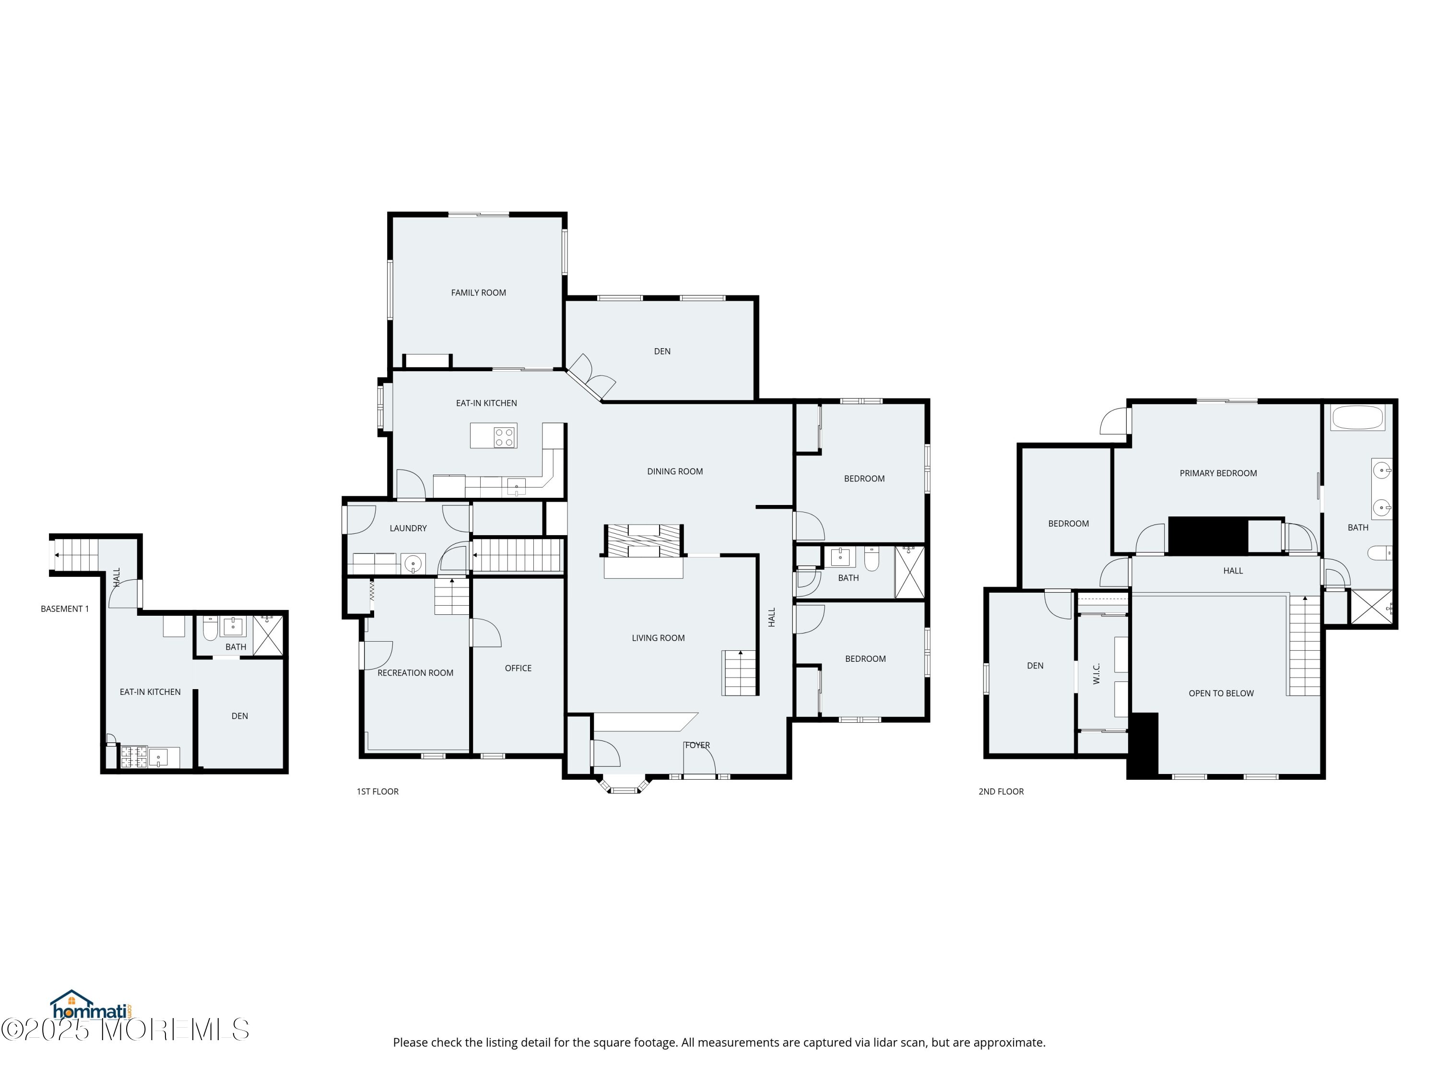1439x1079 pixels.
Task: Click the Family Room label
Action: [x=478, y=293]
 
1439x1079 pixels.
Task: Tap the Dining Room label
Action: [x=674, y=471]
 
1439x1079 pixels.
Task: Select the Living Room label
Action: [x=658, y=638]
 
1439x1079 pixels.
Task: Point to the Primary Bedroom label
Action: [x=1218, y=473]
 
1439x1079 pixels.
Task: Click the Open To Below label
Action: [x=1221, y=693]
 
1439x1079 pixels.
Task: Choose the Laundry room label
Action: [x=408, y=528]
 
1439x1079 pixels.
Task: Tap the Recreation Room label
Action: [x=415, y=673]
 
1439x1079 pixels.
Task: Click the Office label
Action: [x=518, y=668]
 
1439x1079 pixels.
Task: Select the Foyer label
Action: [x=697, y=745]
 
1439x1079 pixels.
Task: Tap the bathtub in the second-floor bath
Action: [x=1357, y=418]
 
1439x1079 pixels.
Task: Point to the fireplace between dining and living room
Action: [x=643, y=541]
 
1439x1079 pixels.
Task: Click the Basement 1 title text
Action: [x=64, y=609]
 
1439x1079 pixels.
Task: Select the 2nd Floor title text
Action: [x=1001, y=792]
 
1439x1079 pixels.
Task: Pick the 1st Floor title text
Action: [x=377, y=792]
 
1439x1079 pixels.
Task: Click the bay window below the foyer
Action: [x=624, y=785]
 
